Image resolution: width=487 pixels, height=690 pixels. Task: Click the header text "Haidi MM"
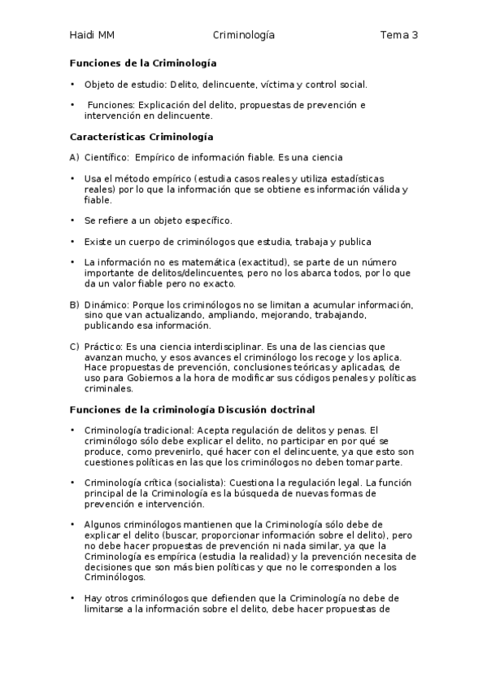click(x=92, y=35)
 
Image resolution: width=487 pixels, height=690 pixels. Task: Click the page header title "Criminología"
click(x=243, y=35)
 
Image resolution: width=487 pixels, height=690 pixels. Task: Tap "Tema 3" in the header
click(x=398, y=35)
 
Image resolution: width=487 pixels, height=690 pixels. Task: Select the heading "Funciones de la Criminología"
click(x=143, y=63)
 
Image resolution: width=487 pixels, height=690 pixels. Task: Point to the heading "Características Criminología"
click(x=141, y=137)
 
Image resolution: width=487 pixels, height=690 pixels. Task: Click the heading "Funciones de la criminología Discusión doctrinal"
click(x=193, y=408)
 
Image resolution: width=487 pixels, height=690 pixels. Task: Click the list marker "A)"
click(x=74, y=158)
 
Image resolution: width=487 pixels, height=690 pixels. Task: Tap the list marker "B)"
click(x=74, y=305)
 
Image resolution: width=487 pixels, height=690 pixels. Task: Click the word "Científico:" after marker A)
click(x=107, y=158)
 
